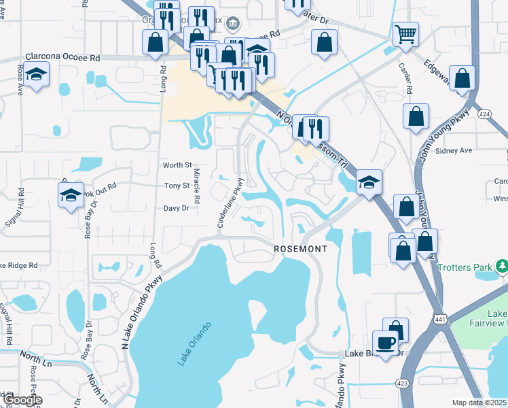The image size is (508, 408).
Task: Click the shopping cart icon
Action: (x=405, y=33)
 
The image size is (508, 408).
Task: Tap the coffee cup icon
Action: (x=386, y=342)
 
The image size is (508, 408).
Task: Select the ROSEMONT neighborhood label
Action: (x=300, y=249)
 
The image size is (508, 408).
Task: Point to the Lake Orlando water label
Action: (x=194, y=343)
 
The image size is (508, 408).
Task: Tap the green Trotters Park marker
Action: (x=502, y=265)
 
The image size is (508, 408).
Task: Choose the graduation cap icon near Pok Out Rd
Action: (x=71, y=196)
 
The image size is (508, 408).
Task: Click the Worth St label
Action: (x=178, y=165)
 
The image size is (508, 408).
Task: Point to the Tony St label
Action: (x=177, y=186)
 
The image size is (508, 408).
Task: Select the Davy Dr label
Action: (x=176, y=209)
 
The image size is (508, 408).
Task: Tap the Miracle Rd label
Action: (x=197, y=188)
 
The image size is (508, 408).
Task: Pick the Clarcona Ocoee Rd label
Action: (x=62, y=58)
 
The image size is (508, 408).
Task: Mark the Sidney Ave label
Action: (x=452, y=150)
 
